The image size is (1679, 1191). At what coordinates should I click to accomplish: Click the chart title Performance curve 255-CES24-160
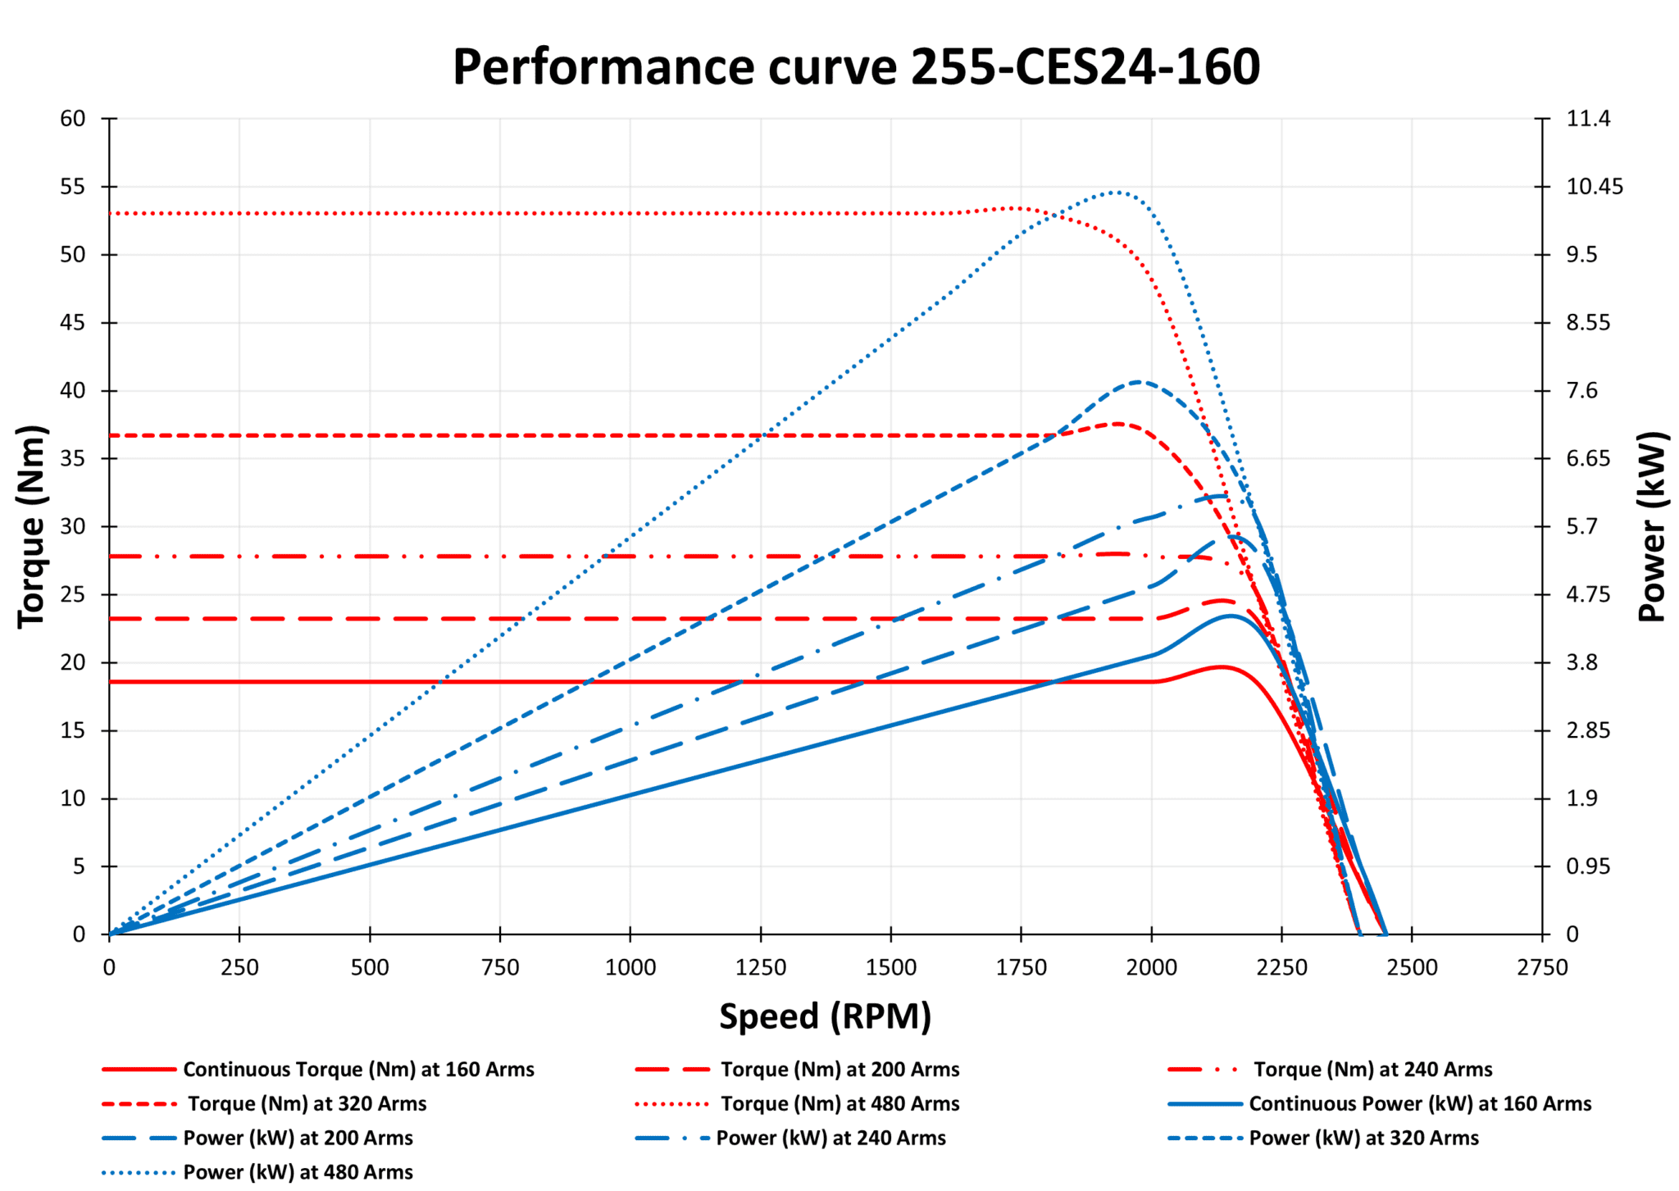click(x=856, y=67)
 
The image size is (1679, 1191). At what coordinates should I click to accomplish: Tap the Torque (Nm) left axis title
click(x=31, y=526)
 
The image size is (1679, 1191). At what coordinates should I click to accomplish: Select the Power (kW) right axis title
click(x=1652, y=526)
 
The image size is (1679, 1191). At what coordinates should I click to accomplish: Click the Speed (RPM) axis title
click(x=825, y=1016)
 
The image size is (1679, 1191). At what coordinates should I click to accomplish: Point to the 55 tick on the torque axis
click(x=73, y=187)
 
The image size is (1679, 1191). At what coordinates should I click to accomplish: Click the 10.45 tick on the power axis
click(x=1594, y=187)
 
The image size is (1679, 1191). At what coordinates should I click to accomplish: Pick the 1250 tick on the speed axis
click(x=761, y=968)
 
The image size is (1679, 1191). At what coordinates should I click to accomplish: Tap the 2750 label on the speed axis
click(x=1541, y=968)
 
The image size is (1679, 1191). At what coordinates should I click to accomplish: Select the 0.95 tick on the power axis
click(x=1587, y=866)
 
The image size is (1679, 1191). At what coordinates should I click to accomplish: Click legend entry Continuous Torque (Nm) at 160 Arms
click(x=358, y=1070)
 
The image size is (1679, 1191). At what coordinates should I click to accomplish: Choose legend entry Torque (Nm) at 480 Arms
click(x=839, y=1104)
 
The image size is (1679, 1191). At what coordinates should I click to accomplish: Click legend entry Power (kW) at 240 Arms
click(x=830, y=1139)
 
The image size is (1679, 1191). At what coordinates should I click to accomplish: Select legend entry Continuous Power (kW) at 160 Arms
click(x=1419, y=1104)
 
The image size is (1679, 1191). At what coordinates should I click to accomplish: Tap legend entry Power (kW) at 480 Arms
click(x=298, y=1173)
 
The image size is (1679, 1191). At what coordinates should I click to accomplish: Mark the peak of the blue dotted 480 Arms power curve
click(x=1116, y=192)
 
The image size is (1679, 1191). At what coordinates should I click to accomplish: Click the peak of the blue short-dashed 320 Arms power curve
click(x=1138, y=381)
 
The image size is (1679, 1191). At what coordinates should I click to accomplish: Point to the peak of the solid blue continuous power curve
click(x=1230, y=616)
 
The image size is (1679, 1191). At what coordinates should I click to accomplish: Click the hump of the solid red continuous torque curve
click(x=1222, y=666)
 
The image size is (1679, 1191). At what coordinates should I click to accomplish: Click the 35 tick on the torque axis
click(x=73, y=458)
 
